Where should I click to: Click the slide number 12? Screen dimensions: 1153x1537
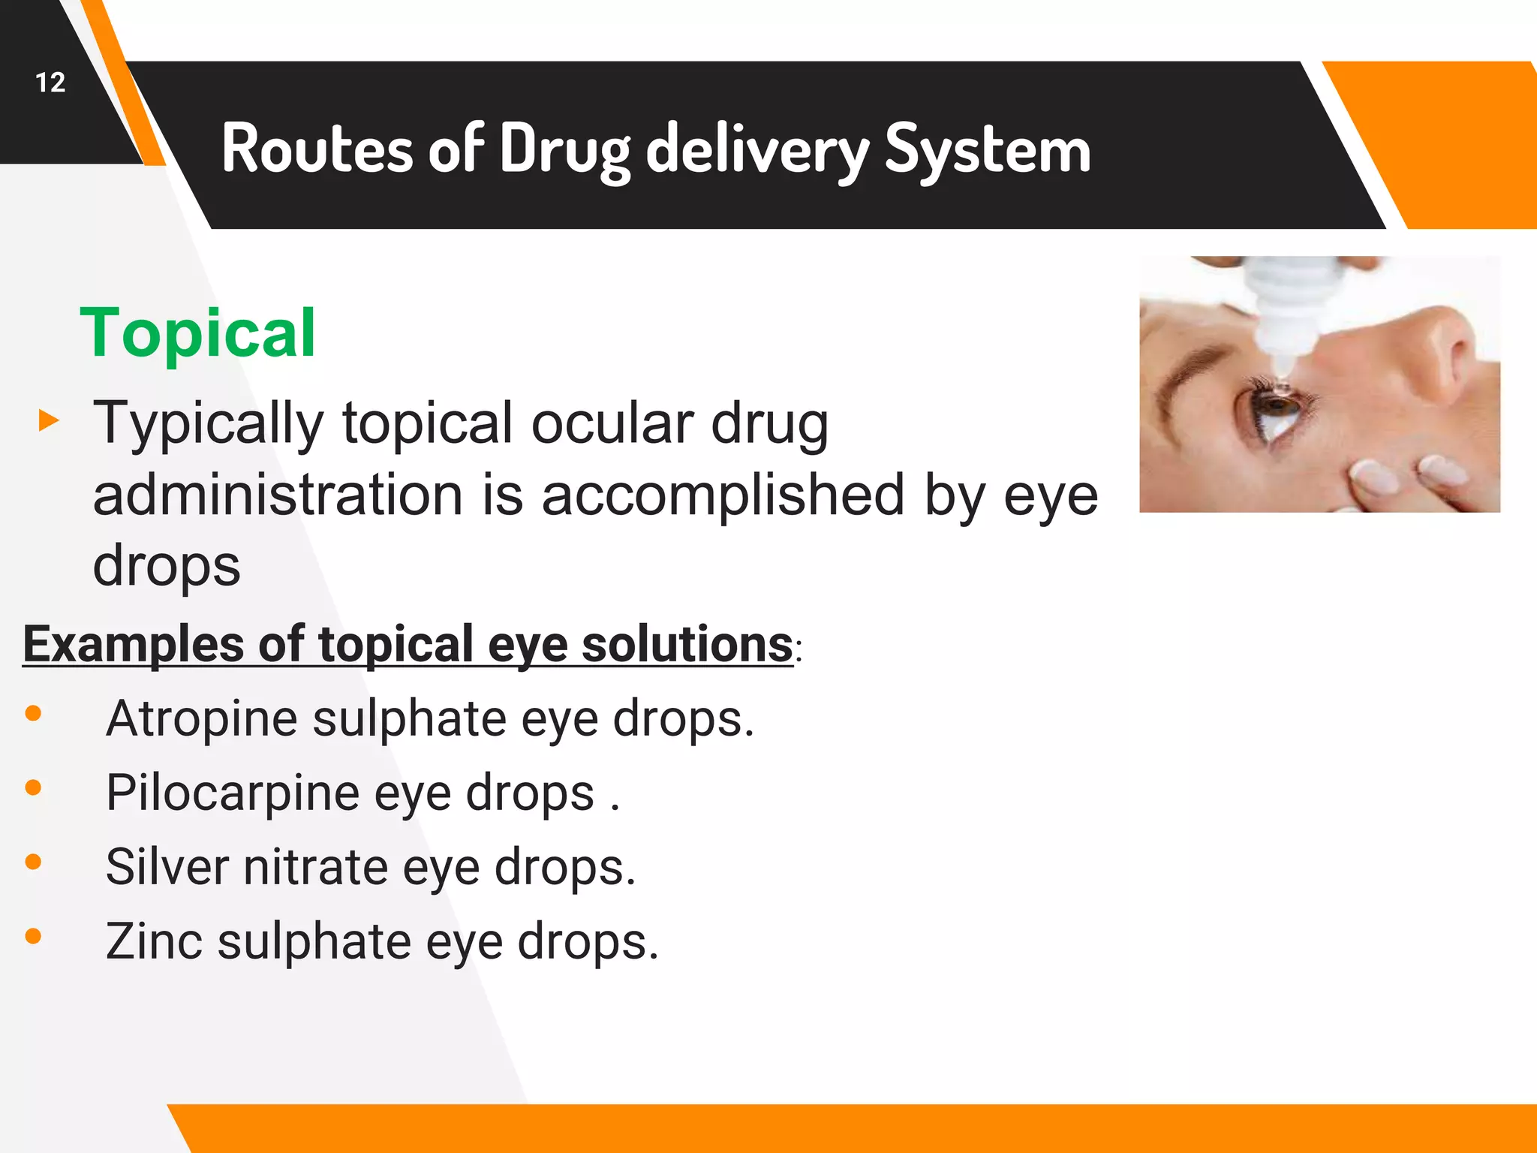[x=50, y=83]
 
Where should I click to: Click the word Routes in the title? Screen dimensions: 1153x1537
[x=316, y=149]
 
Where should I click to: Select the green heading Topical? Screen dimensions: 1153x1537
[x=197, y=333]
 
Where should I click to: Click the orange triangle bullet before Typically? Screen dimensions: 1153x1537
[x=49, y=420]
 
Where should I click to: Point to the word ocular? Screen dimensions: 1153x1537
[x=612, y=423]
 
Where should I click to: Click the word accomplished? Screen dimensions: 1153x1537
[x=723, y=495]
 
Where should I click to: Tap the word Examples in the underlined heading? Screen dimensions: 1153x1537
[x=133, y=644]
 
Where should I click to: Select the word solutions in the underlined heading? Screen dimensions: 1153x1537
[x=687, y=644]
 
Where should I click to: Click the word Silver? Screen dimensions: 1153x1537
[x=167, y=867]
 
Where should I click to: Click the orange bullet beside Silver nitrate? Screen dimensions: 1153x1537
[x=33, y=862]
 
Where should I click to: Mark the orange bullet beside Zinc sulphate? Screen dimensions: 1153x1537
[x=33, y=936]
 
